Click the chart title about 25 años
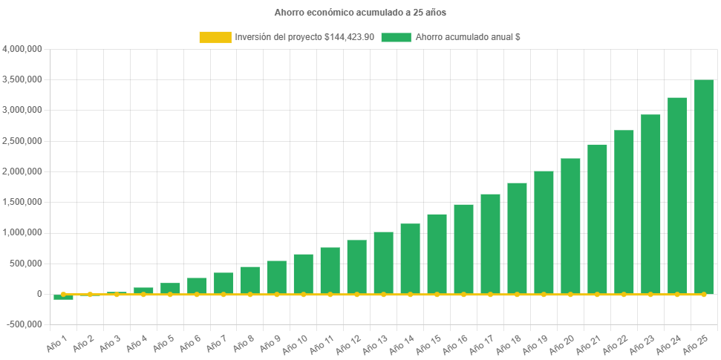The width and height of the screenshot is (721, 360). [360, 13]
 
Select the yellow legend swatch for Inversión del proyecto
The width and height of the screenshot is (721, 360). [215, 37]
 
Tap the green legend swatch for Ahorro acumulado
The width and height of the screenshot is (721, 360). [396, 37]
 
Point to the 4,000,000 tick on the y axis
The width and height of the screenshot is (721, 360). [22, 49]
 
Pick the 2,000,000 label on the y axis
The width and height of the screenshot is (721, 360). [22, 171]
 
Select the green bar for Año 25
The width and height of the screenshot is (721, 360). [704, 186]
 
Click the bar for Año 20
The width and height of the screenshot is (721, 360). [570, 226]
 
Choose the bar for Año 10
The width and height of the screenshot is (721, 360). [303, 274]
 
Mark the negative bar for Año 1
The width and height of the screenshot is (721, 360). [63, 297]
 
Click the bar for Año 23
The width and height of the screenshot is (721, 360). [650, 204]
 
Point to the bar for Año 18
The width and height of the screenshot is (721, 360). [517, 238]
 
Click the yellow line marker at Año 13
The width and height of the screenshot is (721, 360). [383, 295]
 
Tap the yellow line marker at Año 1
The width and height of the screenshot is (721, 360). [63, 295]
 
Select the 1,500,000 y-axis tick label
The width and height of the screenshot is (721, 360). [22, 202]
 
